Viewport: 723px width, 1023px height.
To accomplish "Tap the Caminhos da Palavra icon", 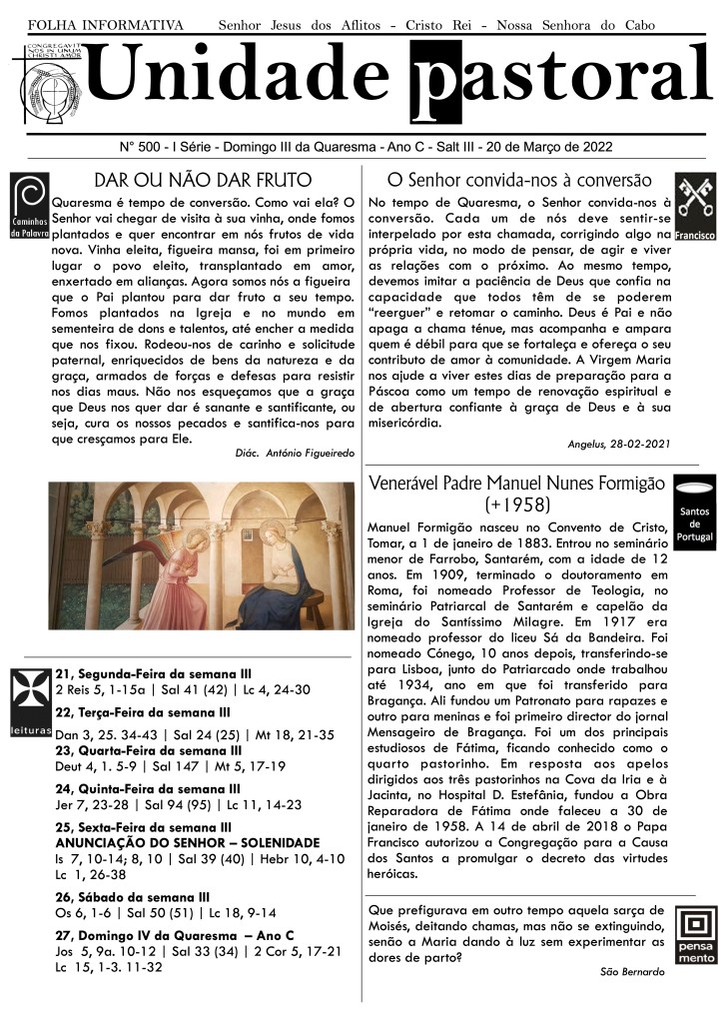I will [28, 206].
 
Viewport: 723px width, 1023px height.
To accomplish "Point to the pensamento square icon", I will [695, 935].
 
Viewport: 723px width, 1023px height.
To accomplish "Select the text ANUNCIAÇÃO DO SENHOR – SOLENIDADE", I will [188, 843].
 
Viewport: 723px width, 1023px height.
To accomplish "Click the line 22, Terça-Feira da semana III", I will [143, 712].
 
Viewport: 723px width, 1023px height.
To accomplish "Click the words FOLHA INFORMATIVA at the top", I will [106, 23].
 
